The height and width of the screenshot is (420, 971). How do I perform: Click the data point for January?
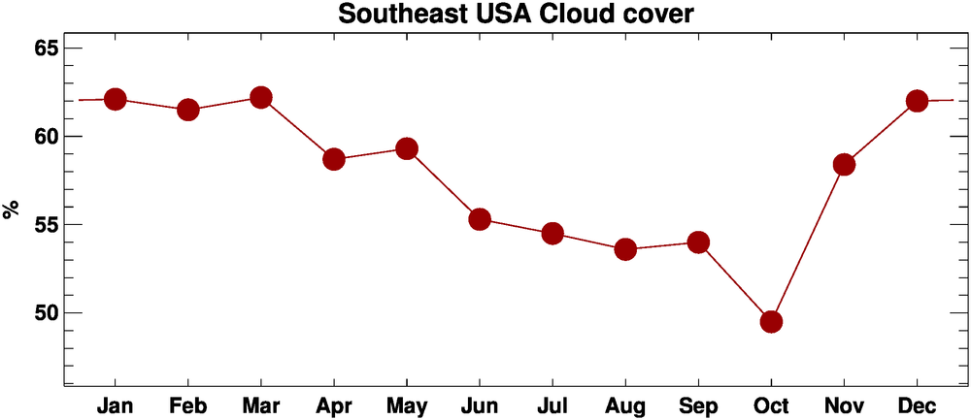[116, 99]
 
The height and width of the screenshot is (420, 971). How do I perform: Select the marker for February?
[188, 110]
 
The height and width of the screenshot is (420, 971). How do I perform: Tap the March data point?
[260, 97]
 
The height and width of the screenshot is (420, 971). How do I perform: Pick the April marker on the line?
[334, 159]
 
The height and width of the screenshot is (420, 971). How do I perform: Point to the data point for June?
[480, 219]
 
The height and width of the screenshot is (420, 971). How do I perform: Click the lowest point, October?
[772, 321]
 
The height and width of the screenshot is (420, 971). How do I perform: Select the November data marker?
[844, 165]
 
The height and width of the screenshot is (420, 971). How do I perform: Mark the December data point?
[917, 101]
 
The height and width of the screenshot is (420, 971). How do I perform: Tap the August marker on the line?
[625, 249]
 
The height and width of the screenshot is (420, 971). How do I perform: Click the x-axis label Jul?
[552, 404]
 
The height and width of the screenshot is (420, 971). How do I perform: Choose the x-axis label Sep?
[698, 404]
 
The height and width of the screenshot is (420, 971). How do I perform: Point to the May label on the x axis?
[407, 404]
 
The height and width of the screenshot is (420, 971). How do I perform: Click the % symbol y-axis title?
[12, 210]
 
